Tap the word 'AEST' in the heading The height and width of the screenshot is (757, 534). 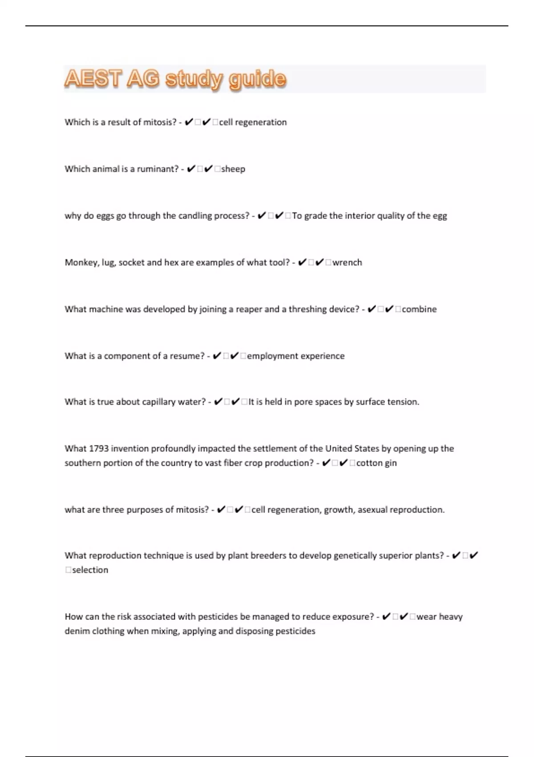pyautogui.click(x=93, y=79)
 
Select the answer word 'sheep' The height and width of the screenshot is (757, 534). pyautogui.click(x=233, y=169)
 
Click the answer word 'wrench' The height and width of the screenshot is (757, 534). pyautogui.click(x=347, y=263)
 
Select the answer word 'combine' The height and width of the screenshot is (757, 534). pyautogui.click(x=419, y=309)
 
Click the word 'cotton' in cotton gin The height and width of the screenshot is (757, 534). pyautogui.click(x=369, y=463)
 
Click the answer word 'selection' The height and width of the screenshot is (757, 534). pyautogui.click(x=90, y=570)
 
